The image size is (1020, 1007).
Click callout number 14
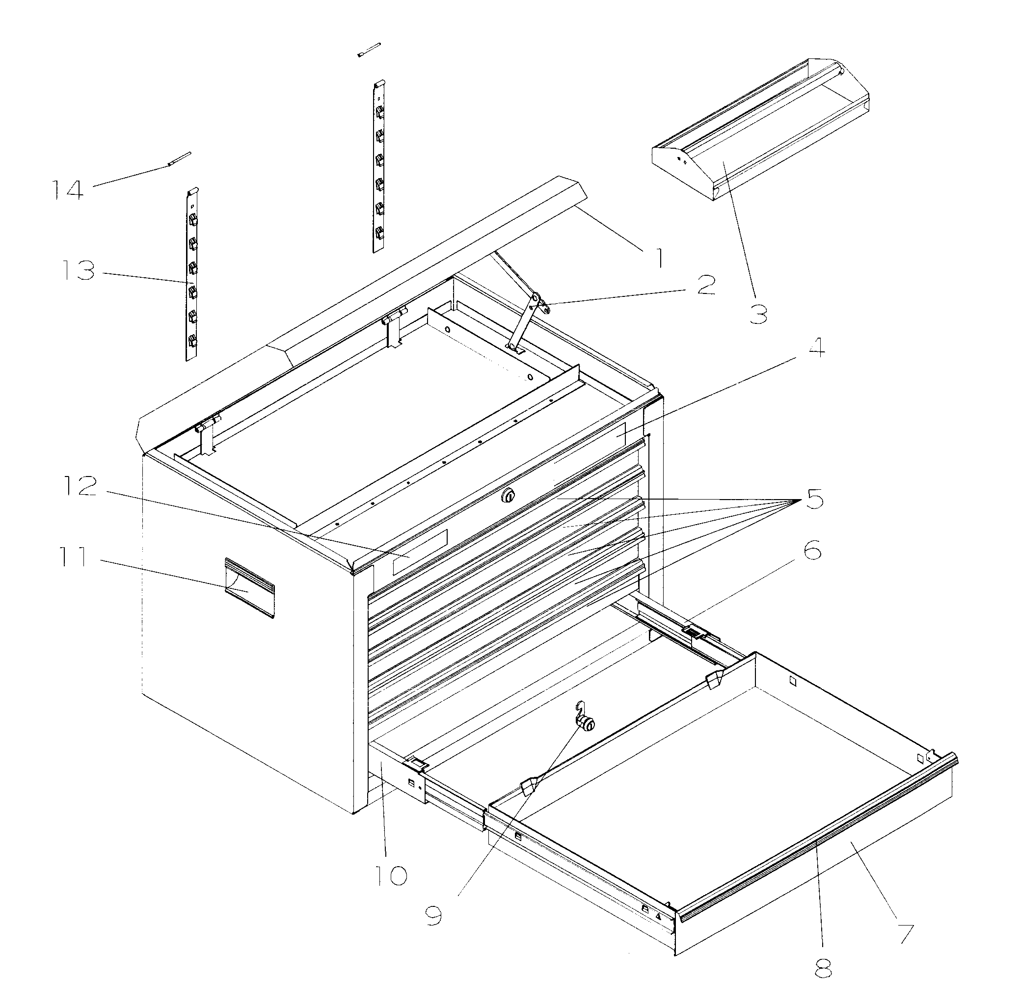68,190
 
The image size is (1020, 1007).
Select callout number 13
79,271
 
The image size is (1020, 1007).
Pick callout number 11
72,557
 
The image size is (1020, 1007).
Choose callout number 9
433,916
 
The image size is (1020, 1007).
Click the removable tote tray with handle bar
760,132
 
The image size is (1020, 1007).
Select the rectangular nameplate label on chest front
420,552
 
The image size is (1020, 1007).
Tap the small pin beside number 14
178,159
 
